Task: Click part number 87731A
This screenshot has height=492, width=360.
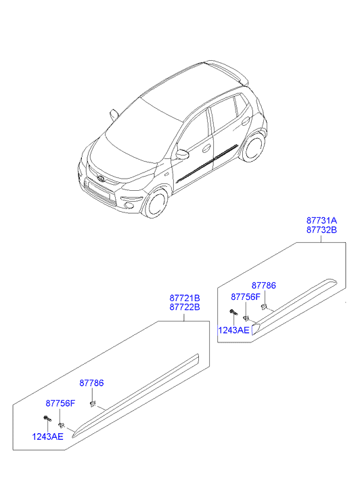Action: coord(321,220)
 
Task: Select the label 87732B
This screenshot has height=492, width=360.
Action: coord(321,230)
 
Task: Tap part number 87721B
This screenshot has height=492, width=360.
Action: coord(185,298)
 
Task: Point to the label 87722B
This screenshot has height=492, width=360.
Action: coord(185,307)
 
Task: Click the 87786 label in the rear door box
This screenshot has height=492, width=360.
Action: coord(264,286)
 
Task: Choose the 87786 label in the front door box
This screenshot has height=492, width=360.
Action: coord(91,383)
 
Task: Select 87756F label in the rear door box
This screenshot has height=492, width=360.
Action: coord(246,297)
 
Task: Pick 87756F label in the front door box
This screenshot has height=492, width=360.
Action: coord(61,403)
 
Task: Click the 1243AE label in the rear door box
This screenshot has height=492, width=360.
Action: coord(233,330)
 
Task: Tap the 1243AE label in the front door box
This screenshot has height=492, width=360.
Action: coord(48,437)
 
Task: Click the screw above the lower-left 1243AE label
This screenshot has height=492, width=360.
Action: coord(47,418)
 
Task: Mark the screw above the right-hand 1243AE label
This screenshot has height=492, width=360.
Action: coord(233,312)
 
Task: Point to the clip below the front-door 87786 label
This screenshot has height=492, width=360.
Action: coord(93,403)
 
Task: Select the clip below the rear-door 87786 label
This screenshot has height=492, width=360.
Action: coord(264,306)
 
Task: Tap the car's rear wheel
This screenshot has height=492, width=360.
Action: coord(253,147)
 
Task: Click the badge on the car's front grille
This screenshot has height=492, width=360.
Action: coord(101,179)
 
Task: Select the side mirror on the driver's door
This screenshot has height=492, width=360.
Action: coord(182,154)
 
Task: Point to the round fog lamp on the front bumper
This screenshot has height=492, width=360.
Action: coord(129,206)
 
